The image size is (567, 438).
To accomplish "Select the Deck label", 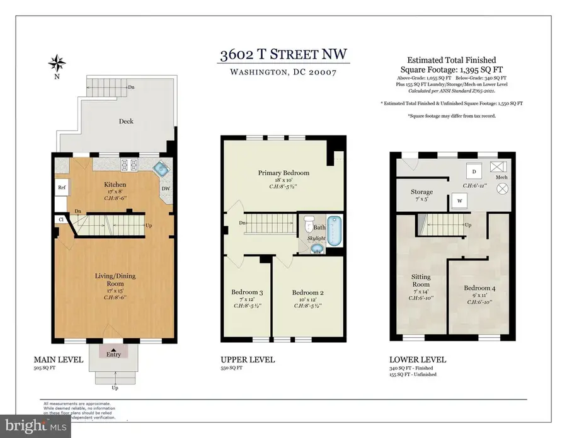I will click(x=126, y=121).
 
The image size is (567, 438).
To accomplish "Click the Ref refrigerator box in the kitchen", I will click(x=62, y=187).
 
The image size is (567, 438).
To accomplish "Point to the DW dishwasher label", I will click(x=166, y=187).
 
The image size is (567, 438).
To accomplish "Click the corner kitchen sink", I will click(x=162, y=168).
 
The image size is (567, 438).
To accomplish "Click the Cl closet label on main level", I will click(x=62, y=219).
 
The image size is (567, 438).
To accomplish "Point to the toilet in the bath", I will click(x=308, y=224).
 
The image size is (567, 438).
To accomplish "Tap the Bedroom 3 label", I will click(x=246, y=292).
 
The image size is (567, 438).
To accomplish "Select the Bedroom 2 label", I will click(x=307, y=292).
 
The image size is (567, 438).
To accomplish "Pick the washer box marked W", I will click(x=456, y=202).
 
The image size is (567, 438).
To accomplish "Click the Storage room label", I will click(x=421, y=192).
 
